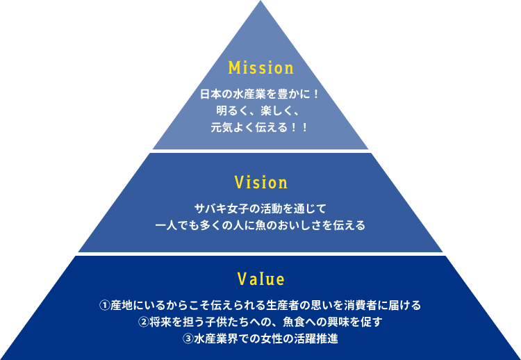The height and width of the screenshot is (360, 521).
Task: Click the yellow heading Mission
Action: (260, 68)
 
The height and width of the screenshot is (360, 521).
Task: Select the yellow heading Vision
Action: (260, 183)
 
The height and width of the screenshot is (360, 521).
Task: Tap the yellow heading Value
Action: (260, 279)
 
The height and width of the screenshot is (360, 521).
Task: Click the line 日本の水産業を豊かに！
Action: (260, 94)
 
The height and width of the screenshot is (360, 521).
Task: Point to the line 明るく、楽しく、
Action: (260, 111)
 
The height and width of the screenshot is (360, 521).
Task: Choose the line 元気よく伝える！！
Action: (260, 127)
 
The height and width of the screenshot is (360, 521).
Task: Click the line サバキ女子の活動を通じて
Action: (260, 208)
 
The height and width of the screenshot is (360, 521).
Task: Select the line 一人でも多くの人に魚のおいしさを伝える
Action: (260, 225)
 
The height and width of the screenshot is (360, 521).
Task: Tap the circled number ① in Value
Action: (105, 305)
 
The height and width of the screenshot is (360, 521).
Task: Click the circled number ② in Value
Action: (143, 322)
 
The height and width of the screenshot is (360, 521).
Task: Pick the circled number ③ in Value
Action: (188, 340)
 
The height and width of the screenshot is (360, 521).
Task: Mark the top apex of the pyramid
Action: (260, 2)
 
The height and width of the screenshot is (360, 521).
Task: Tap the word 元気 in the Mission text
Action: (221, 127)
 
